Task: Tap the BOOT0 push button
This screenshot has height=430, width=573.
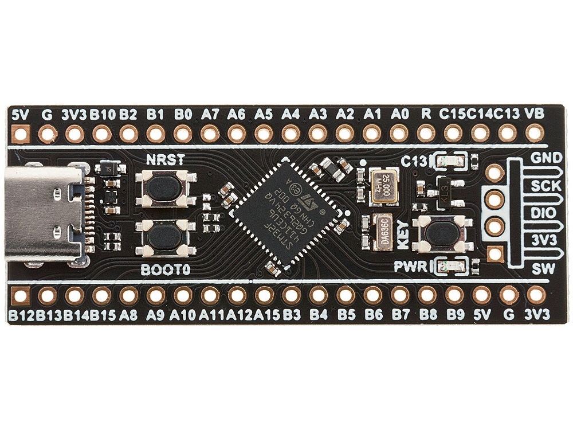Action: click(x=165, y=236)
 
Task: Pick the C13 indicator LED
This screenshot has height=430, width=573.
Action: click(x=450, y=161)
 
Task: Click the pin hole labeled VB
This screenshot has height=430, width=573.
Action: click(x=534, y=135)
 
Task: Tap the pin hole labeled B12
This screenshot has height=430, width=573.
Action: click(x=21, y=296)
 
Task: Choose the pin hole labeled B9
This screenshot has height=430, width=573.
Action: click(x=454, y=296)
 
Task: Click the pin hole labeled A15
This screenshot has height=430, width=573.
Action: click(x=264, y=296)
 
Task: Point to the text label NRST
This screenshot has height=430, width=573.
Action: click(x=165, y=160)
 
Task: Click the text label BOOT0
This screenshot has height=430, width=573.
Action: click(x=165, y=269)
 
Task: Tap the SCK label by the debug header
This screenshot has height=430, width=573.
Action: click(x=542, y=186)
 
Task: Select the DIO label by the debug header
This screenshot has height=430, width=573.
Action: click(x=542, y=213)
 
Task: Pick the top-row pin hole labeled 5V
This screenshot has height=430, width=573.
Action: click(x=21, y=135)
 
